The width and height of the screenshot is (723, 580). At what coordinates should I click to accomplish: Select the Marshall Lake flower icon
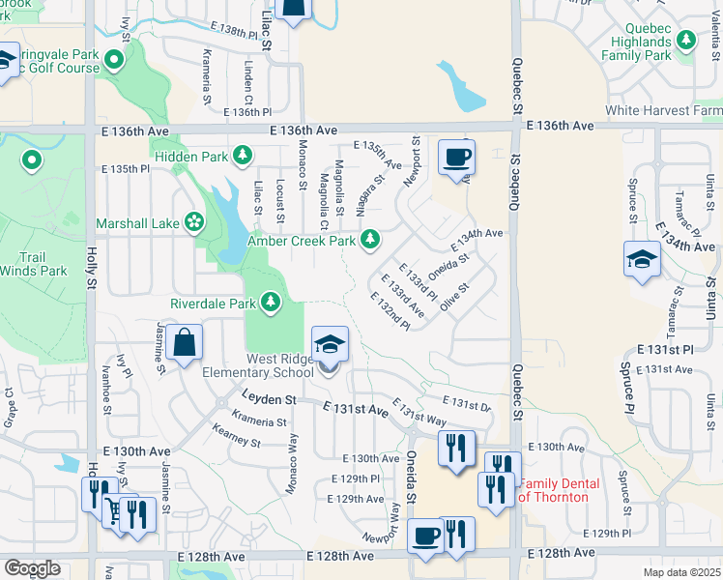pos(194,222)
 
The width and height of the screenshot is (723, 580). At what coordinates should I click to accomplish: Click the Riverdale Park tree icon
pos(272,303)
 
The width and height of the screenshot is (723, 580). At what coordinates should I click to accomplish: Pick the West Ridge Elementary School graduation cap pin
pos(329,344)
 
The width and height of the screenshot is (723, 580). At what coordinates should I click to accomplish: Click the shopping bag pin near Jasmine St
pos(184,342)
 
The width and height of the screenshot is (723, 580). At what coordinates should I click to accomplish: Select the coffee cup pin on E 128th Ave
pos(425,535)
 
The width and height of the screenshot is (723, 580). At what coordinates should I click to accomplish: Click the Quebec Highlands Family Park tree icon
pos(686,41)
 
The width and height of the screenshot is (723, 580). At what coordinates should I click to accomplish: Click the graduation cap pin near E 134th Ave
pos(642,259)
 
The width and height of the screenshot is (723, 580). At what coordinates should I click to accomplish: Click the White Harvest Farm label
pos(662,111)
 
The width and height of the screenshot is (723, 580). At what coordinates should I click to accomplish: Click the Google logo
pos(32,568)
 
